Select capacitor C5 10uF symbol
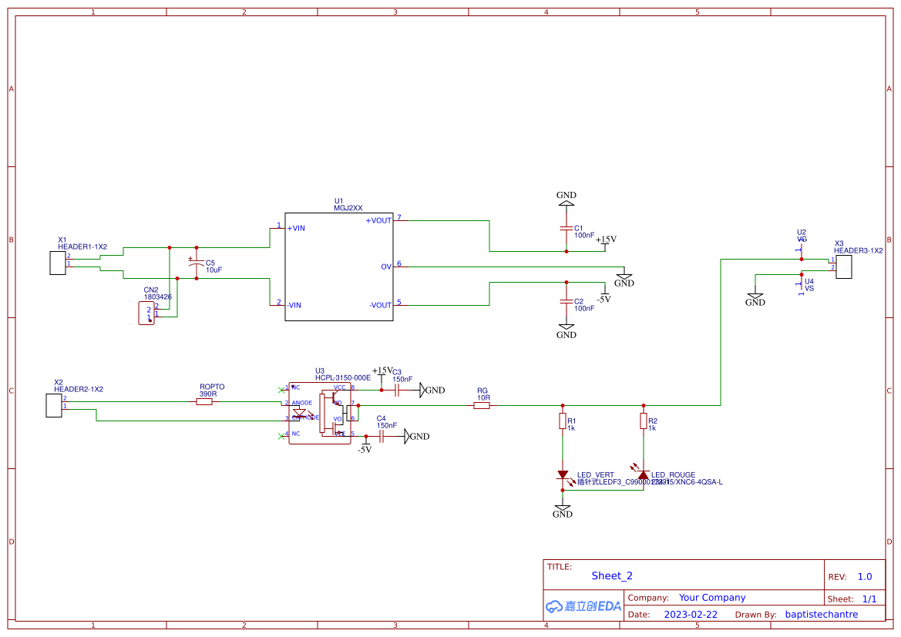coord(197,264)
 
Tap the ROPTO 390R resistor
coord(204,402)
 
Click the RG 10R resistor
coord(481,405)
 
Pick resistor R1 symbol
coord(563,421)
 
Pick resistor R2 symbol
coord(644,421)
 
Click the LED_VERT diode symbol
coord(563,474)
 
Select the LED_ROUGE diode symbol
coord(643,474)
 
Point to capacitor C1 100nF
coord(566,230)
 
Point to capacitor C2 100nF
coord(566,301)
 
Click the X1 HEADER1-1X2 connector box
coord(56,263)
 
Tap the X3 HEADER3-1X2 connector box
coord(844,267)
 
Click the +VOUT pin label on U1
coord(378,220)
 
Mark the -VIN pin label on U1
coord(294,305)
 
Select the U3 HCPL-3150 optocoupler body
coord(319,412)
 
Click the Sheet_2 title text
coord(612,575)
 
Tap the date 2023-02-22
coord(691,615)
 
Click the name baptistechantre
coord(821,615)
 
